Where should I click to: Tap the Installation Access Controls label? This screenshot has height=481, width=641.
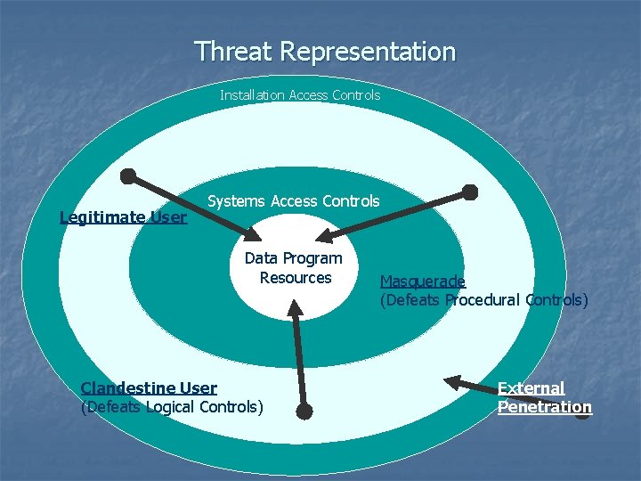[300, 94]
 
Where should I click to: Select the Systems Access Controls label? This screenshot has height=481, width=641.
[293, 201]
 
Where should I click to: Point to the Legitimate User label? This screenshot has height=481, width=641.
[123, 216]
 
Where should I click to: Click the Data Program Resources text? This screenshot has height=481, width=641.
[294, 267]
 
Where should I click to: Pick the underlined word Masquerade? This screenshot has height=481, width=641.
[422, 281]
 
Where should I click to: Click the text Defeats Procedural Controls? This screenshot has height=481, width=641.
[483, 300]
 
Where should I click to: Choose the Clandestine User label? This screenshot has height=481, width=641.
[149, 387]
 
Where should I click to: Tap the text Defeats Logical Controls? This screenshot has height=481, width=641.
[172, 407]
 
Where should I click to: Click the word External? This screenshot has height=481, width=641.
[531, 387]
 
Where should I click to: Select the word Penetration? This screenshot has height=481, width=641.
[544, 407]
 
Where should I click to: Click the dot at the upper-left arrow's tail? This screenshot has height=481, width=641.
[128, 175]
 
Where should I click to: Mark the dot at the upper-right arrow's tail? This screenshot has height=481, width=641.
[470, 192]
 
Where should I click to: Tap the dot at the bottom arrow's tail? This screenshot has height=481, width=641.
[304, 412]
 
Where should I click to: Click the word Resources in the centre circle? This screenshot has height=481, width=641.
[296, 278]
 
